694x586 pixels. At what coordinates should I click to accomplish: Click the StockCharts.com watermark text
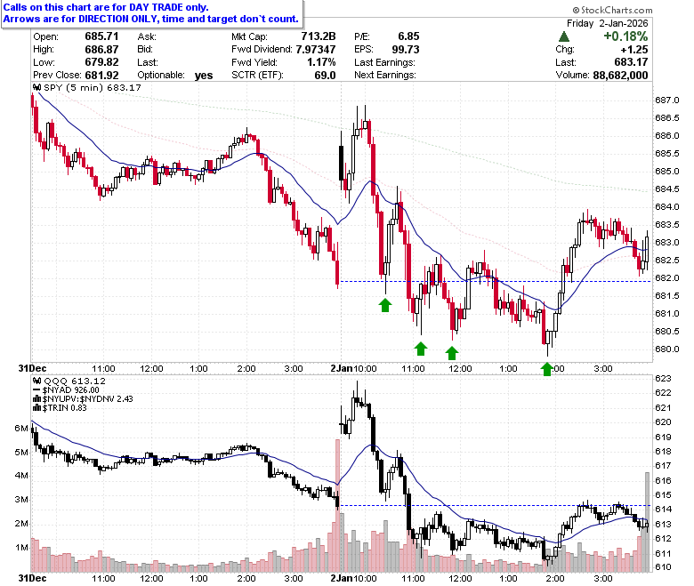[x=612, y=10]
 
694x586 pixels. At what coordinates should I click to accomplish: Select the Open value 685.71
[x=101, y=36]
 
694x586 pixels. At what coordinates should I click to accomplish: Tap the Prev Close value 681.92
[x=101, y=76]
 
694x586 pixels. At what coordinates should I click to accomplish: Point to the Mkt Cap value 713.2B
[x=319, y=36]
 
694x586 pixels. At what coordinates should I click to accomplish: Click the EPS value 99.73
[x=406, y=50]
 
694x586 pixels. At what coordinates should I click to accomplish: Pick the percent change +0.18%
[x=625, y=36]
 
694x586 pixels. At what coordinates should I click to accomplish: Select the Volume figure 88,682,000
[x=620, y=76]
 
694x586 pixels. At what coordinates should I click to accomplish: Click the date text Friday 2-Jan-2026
[x=607, y=23]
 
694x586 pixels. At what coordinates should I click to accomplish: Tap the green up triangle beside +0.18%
[x=564, y=36]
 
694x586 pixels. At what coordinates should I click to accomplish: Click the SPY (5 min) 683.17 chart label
[x=87, y=87]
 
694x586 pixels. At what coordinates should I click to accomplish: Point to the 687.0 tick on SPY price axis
[x=666, y=100]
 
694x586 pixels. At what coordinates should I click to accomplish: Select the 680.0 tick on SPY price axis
[x=666, y=349]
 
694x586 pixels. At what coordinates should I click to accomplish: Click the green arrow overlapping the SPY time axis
[x=547, y=369]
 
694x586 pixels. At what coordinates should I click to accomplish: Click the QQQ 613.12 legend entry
[x=70, y=381]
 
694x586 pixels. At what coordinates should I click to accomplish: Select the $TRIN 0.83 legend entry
[x=61, y=408]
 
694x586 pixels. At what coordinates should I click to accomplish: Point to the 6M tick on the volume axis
[x=21, y=428]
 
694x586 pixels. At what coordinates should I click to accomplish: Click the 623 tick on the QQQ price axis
[x=663, y=379]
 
